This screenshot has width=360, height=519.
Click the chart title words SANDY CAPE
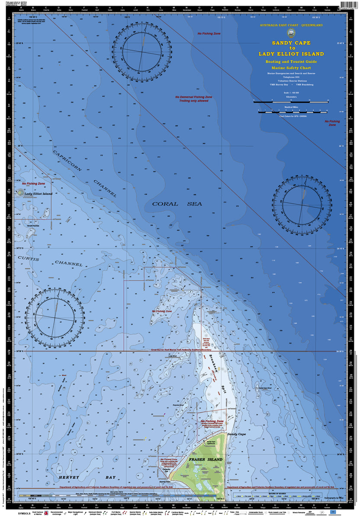(291, 43)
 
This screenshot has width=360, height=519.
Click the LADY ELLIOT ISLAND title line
(291, 54)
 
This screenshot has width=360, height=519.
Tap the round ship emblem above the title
(291, 34)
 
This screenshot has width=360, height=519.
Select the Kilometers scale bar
(291, 102)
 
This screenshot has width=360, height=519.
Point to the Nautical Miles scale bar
(291, 112)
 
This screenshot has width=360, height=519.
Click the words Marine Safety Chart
(291, 68)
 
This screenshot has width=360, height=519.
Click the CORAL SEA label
(177, 204)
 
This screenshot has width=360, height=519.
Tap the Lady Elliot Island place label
(38, 194)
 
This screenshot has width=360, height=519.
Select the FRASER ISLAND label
(206, 459)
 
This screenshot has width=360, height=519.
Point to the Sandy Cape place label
(237, 434)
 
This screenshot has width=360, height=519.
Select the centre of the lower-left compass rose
(55, 317)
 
